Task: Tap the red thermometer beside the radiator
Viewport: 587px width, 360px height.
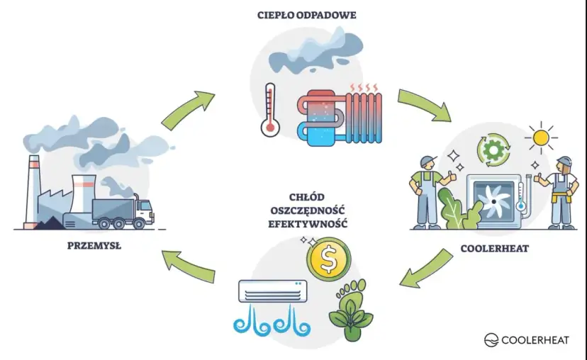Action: coord(269,110)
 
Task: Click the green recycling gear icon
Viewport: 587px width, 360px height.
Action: coord(492,151)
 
